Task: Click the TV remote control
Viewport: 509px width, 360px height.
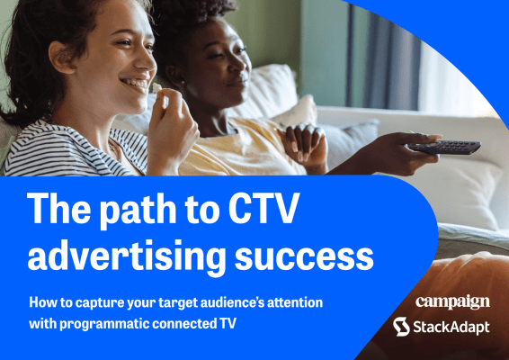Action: pyautogui.click(x=445, y=146)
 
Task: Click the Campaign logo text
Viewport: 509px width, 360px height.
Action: pyautogui.click(x=452, y=301)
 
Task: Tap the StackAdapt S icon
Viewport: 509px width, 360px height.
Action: pyautogui.click(x=402, y=326)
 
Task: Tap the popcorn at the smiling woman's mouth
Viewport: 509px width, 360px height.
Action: pyautogui.click(x=158, y=93)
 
